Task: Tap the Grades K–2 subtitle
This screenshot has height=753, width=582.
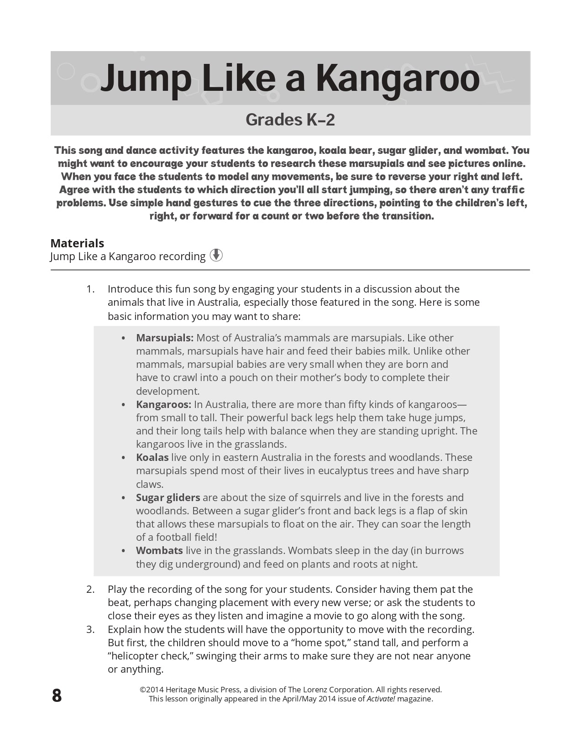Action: tap(290, 120)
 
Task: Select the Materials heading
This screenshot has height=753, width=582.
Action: tap(77, 243)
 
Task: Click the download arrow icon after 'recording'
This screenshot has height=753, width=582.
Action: tap(216, 256)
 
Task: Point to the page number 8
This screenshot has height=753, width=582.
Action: tap(57, 696)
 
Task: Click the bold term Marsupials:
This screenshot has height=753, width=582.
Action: tap(165, 338)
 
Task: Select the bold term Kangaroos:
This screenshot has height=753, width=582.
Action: tap(163, 404)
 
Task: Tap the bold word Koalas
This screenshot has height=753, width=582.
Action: tap(152, 457)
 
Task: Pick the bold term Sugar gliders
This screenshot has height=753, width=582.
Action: tap(168, 497)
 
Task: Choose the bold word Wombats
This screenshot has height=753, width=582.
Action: tap(159, 550)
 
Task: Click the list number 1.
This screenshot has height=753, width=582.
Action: tap(90, 289)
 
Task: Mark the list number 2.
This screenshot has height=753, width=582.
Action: tap(90, 589)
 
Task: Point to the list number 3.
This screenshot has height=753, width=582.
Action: tap(90, 629)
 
